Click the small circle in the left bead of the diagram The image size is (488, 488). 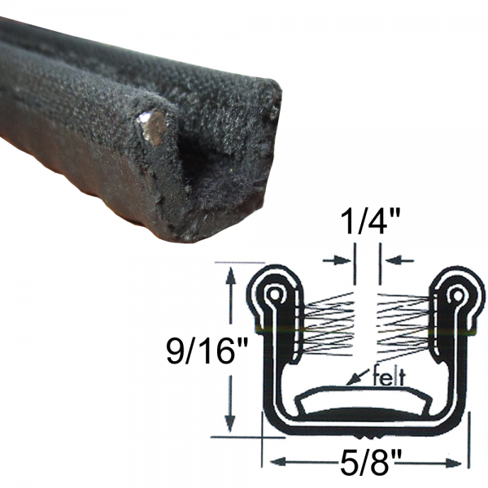click(x=275, y=293)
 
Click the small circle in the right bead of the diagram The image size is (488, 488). click(x=457, y=293)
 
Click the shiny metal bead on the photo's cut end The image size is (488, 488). click(x=152, y=128)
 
